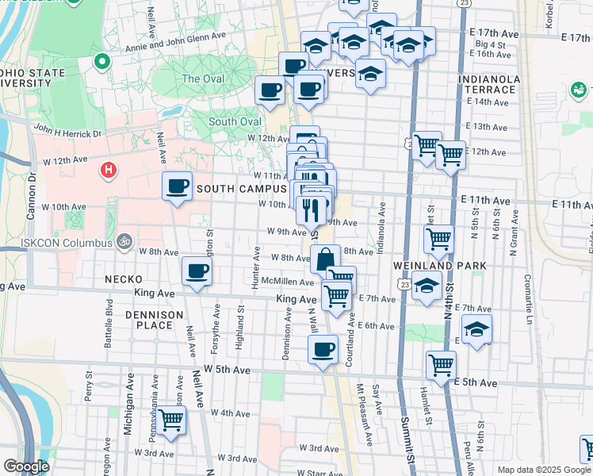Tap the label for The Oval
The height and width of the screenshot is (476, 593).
coord(203,79)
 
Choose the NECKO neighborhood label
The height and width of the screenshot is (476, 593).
coord(123,279)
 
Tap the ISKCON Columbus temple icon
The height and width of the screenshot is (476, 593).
coord(123,240)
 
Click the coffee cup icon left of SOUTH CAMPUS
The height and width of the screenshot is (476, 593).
coord(177,187)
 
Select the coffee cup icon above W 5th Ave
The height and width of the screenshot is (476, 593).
coord(322,350)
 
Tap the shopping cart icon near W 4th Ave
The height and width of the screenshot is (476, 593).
coord(170,420)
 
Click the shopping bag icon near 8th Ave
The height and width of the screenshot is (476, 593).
coord(326,259)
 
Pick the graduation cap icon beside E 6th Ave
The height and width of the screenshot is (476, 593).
coord(476,328)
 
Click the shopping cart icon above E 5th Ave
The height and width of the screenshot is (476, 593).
coord(441,365)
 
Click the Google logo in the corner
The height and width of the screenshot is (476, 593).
coord(26,466)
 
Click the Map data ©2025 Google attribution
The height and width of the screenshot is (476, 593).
coord(543,470)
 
